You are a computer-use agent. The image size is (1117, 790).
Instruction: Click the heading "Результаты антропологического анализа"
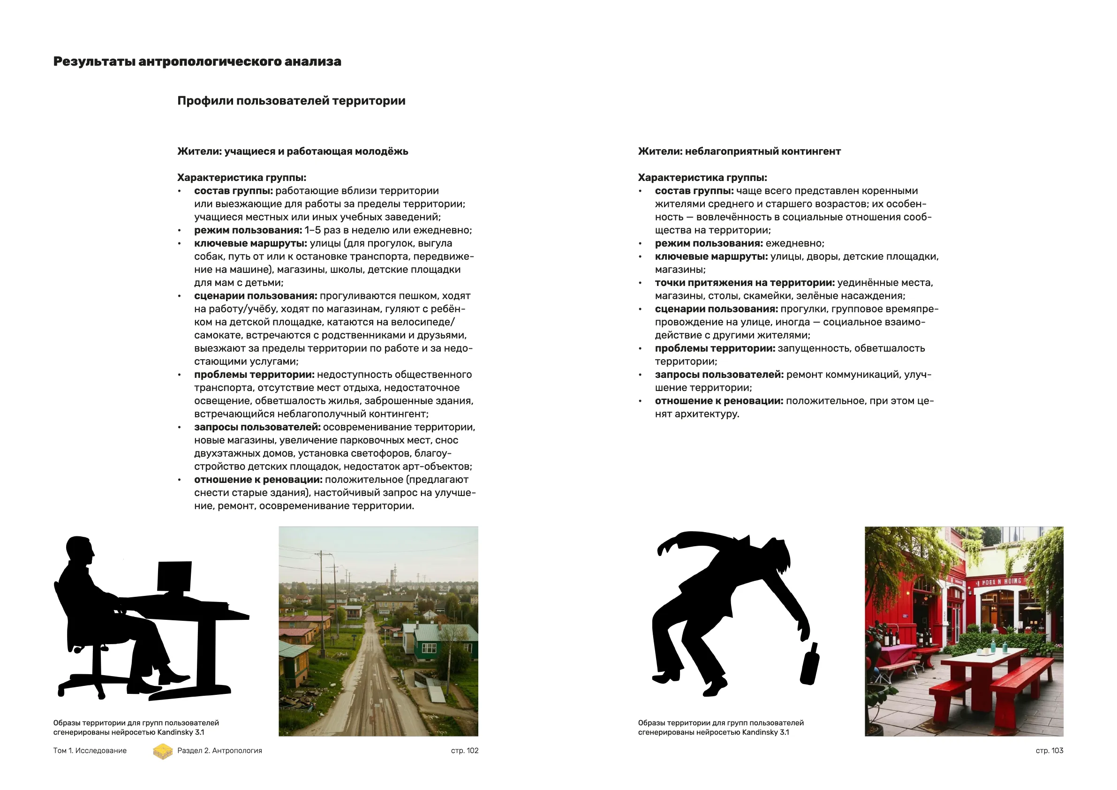(197, 62)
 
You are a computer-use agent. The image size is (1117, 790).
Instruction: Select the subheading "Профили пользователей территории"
(291, 101)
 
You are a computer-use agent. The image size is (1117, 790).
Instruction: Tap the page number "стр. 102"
(465, 751)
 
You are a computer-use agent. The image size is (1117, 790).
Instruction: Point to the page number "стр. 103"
(1049, 751)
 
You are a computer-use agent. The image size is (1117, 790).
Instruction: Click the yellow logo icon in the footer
(163, 751)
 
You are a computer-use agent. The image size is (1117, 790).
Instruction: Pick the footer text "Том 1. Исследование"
(90, 751)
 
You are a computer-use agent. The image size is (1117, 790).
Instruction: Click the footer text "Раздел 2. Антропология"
(219, 751)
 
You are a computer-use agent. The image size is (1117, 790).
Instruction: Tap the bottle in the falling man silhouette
(810, 664)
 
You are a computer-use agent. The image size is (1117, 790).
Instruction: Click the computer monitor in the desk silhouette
(174, 577)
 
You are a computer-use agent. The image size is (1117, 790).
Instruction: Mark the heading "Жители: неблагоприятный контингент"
(739, 151)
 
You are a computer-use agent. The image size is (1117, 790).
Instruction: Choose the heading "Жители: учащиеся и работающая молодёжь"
(293, 151)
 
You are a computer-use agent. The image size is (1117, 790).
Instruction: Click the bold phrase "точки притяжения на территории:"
(744, 283)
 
